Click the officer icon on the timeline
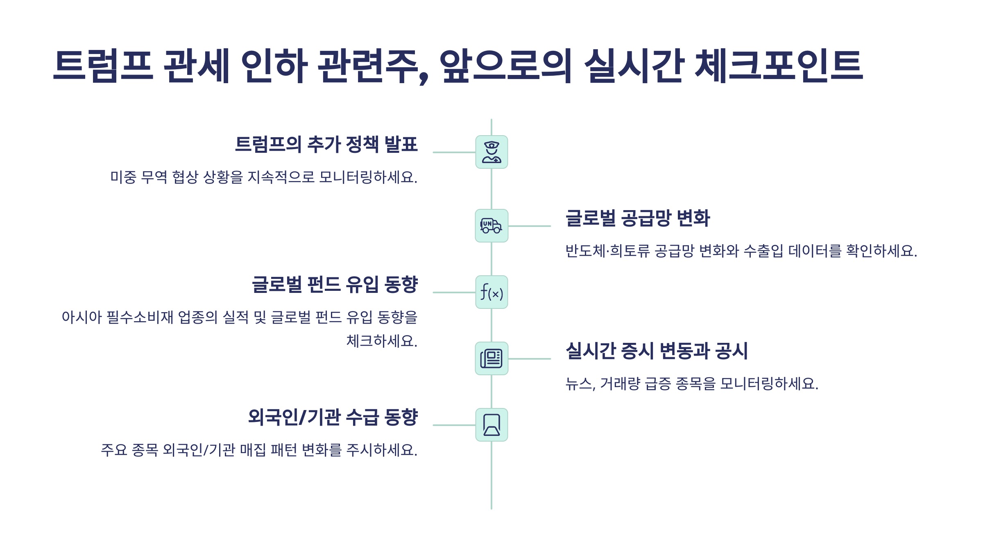tap(491, 152)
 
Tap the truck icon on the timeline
tap(491, 226)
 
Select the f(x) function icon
tap(491, 292)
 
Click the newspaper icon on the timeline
tap(491, 358)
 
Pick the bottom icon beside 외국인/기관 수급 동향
tap(491, 425)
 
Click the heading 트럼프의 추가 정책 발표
tap(326, 144)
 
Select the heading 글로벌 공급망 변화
tap(637, 218)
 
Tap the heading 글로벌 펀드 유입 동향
tap(335, 284)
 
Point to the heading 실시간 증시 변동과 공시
tap(657, 351)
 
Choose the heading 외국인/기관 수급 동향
tap(333, 417)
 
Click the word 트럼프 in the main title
tap(103, 66)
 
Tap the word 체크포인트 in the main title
tap(778, 66)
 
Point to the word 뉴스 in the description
tap(579, 384)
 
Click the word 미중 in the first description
tap(123, 177)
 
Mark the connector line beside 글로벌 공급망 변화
tap(529, 226)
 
